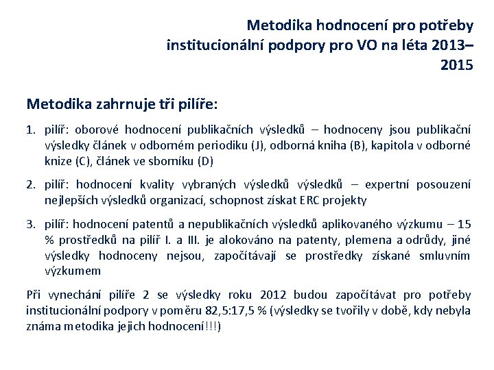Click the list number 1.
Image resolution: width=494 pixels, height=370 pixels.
pyautogui.click(x=30, y=128)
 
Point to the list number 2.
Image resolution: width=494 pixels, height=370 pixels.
pyautogui.click(x=30, y=184)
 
